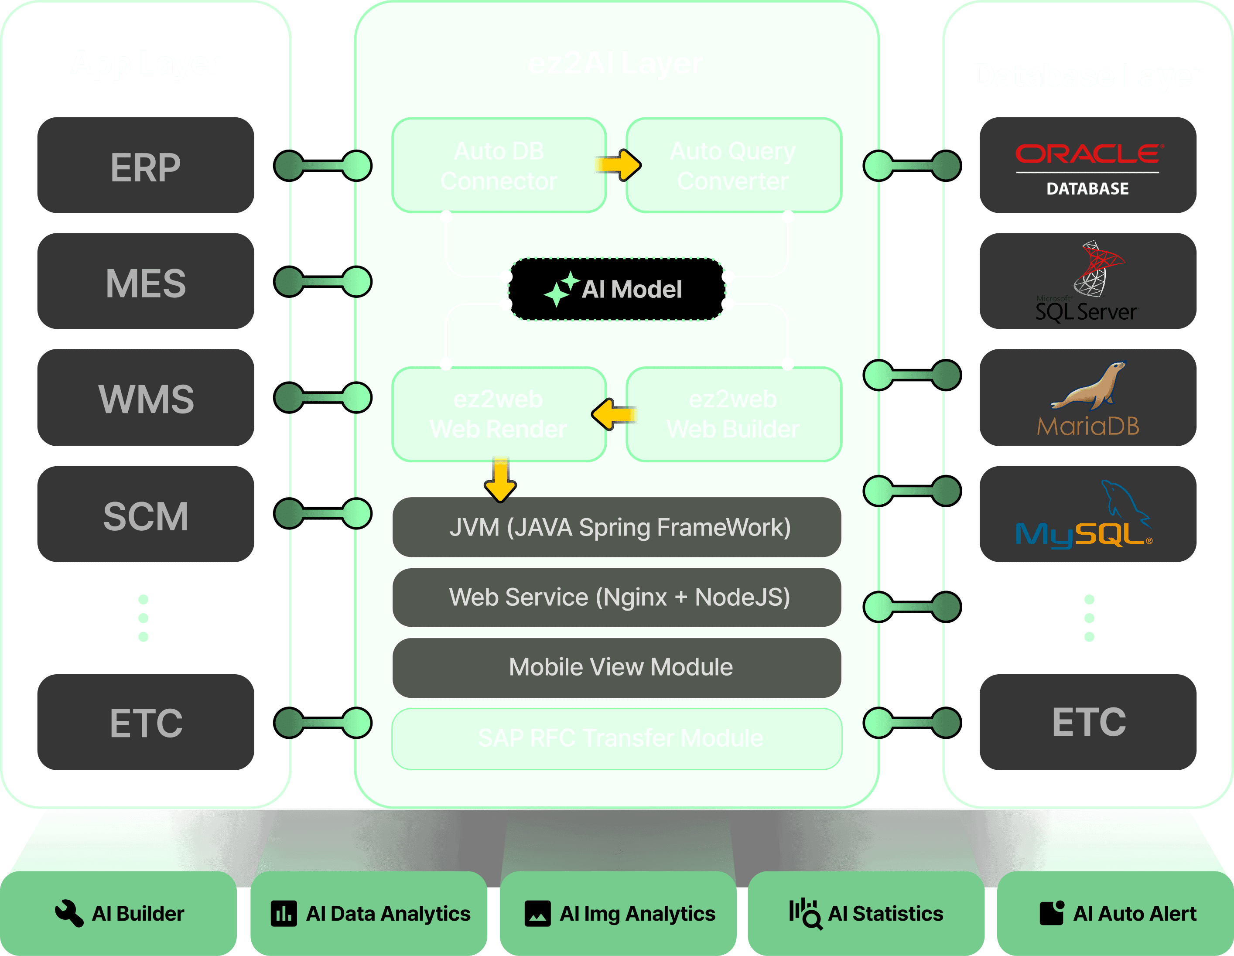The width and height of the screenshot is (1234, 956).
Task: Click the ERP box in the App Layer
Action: click(145, 166)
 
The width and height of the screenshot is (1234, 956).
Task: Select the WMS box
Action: click(145, 398)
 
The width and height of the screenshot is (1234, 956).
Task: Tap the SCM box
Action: click(145, 514)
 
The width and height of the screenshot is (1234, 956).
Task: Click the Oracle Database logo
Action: click(1088, 166)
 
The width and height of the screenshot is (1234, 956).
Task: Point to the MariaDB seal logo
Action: click(1088, 386)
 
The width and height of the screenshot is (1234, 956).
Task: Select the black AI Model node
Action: click(617, 289)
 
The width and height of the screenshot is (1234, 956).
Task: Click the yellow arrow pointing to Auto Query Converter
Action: click(619, 165)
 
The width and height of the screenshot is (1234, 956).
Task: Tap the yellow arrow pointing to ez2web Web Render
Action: click(614, 414)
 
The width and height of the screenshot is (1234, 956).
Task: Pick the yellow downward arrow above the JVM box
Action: click(500, 479)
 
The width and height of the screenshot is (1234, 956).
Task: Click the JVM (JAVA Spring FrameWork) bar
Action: click(617, 528)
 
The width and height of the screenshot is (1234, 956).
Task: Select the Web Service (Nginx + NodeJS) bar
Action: click(617, 597)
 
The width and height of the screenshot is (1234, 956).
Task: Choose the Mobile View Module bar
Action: click(617, 667)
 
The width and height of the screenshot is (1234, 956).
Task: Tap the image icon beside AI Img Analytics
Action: click(537, 913)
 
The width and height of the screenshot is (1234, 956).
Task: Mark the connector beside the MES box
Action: click(323, 281)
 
